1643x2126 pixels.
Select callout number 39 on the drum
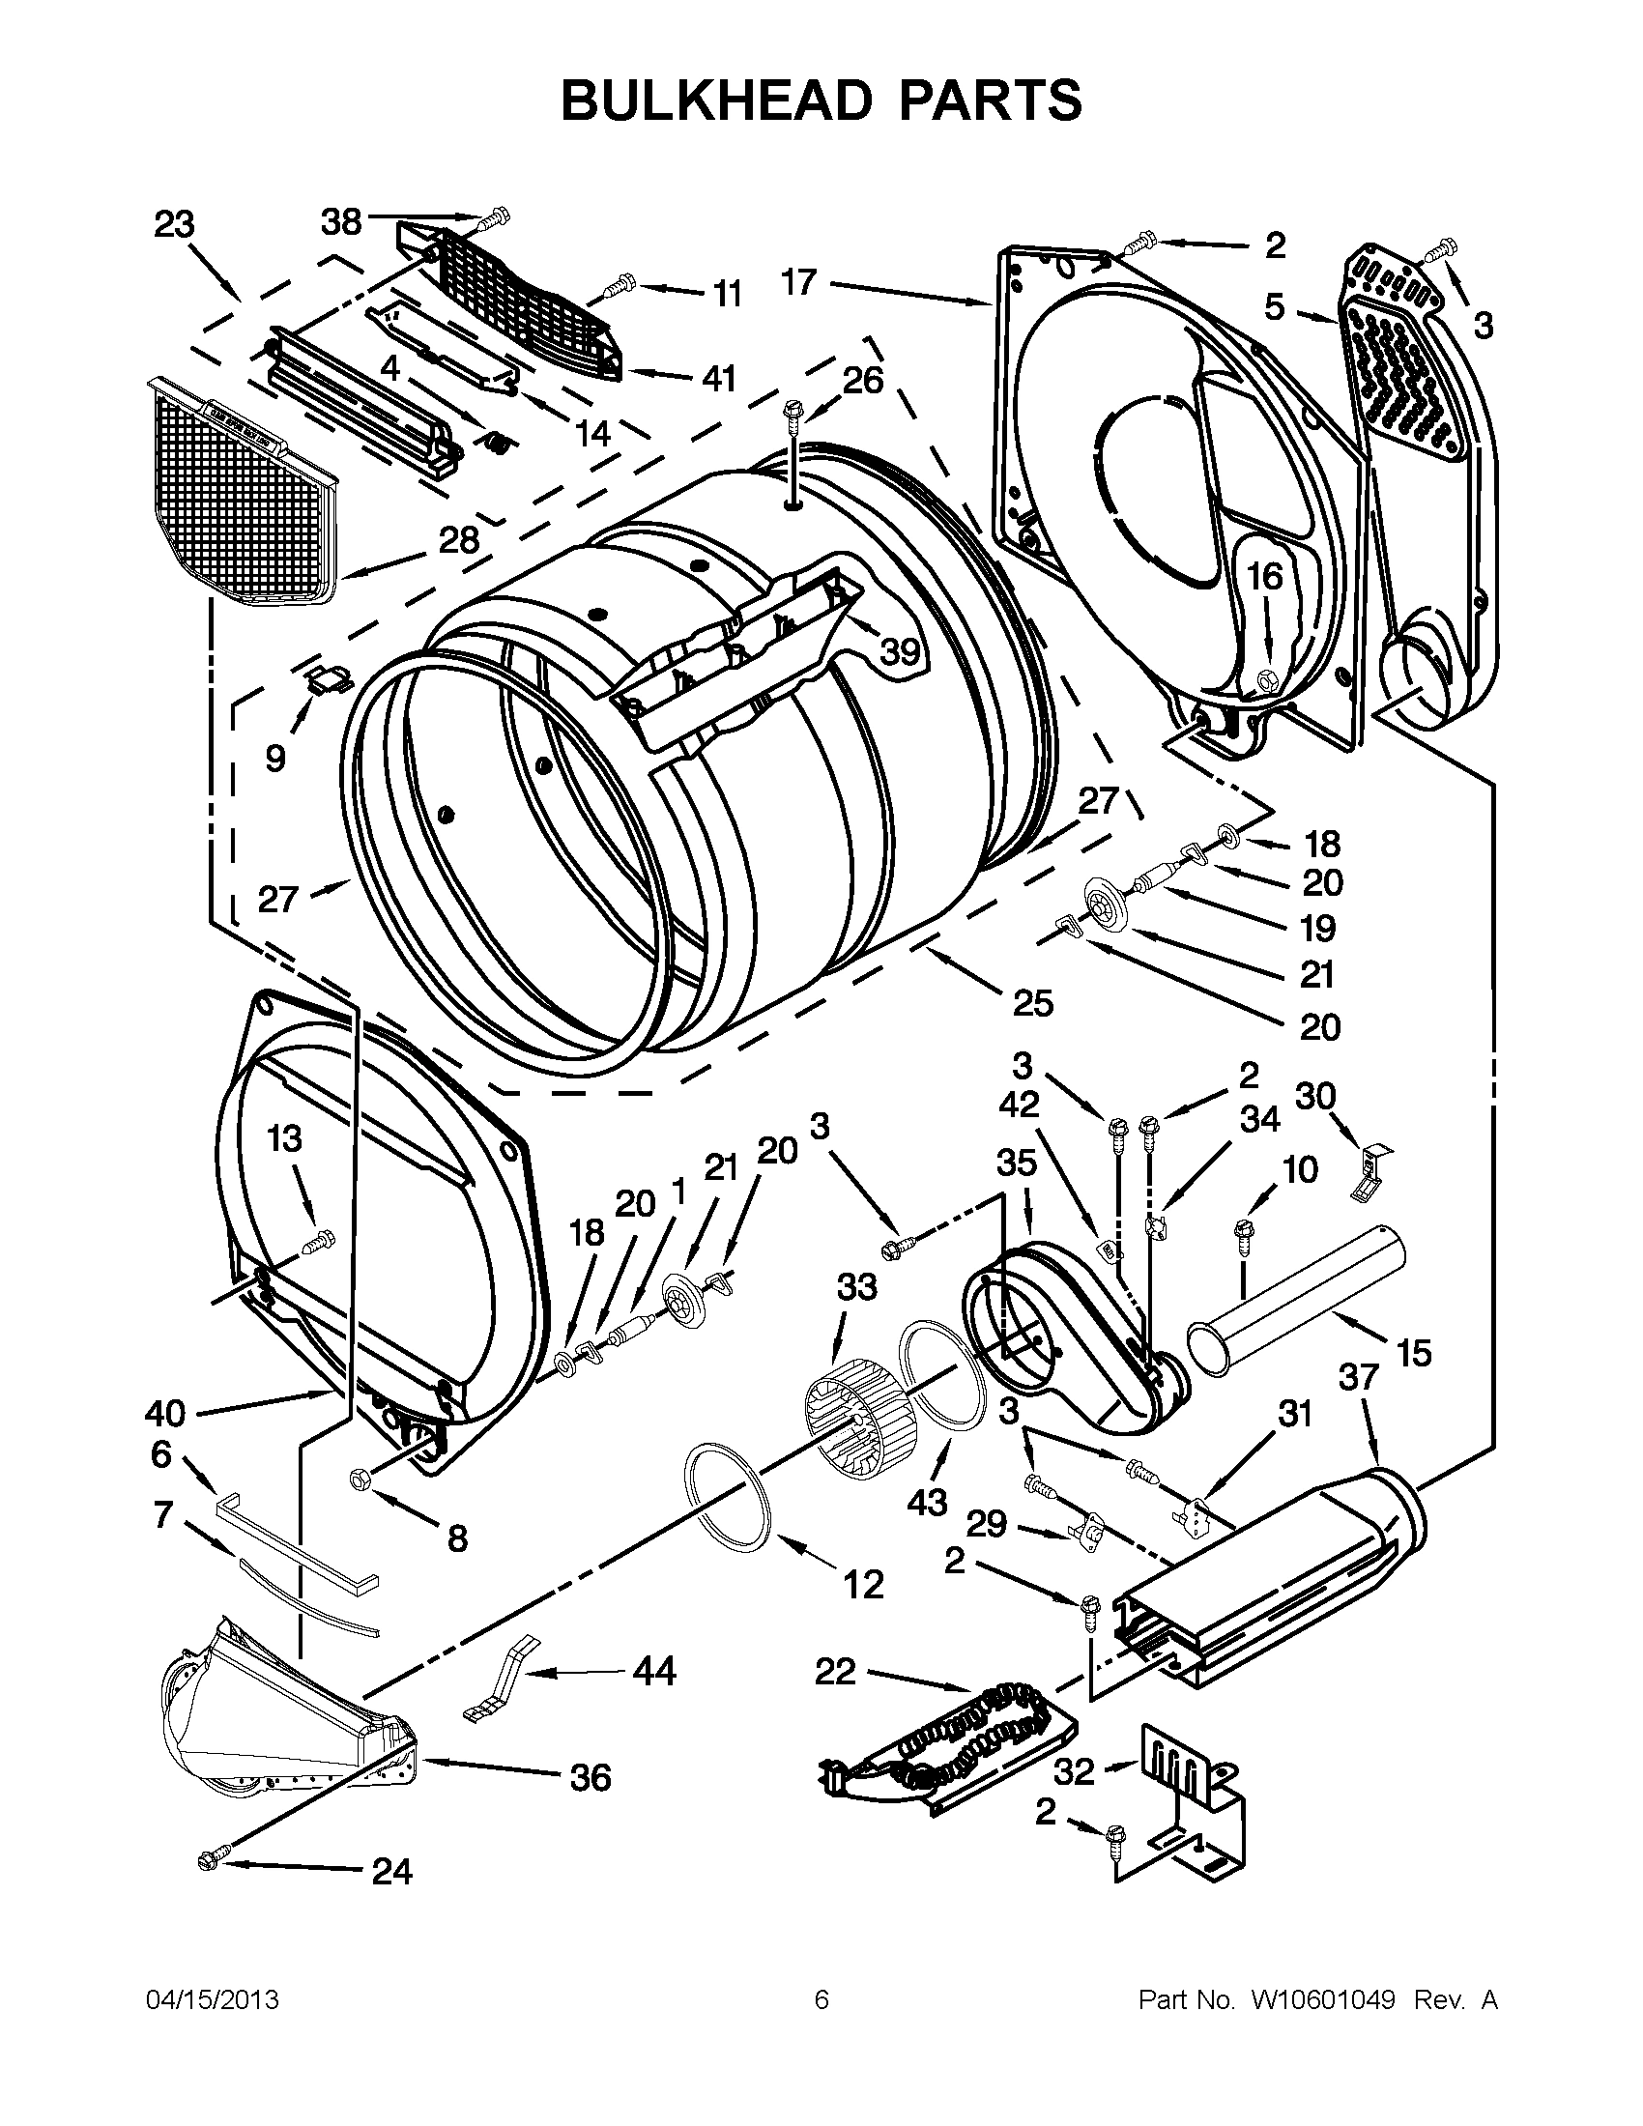click(x=900, y=651)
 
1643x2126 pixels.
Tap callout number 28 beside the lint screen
click(x=458, y=539)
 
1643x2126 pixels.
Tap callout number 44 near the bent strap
click(x=653, y=1672)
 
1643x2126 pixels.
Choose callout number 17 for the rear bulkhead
click(x=798, y=283)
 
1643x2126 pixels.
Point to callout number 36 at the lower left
click(x=591, y=1776)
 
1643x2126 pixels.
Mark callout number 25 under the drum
click(x=1032, y=1002)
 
